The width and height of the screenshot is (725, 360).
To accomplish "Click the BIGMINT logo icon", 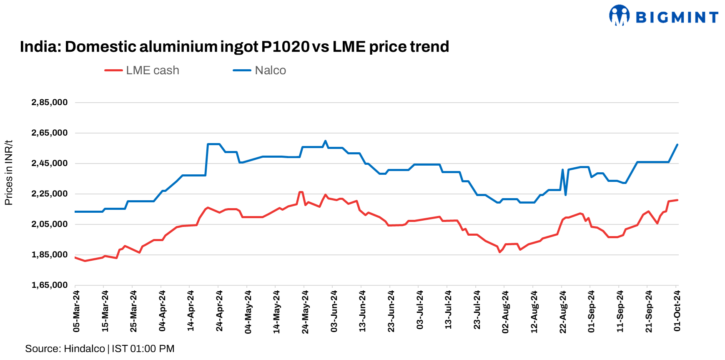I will click(619, 16).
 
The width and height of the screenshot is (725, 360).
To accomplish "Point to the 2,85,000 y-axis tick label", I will click(50, 103).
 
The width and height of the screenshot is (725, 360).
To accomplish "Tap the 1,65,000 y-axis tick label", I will click(50, 285).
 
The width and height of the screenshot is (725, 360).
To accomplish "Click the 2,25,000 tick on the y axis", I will click(50, 194).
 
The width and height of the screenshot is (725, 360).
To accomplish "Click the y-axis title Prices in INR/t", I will click(9, 173).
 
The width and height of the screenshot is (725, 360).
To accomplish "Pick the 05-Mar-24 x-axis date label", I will click(77, 311).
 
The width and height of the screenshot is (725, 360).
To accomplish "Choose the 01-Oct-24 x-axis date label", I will click(677, 311).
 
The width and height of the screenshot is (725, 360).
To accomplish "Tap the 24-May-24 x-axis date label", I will click(306, 312).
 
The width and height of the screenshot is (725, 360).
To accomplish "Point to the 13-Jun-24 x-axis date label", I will click(363, 311).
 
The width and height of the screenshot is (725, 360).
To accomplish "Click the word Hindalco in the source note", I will click(85, 349).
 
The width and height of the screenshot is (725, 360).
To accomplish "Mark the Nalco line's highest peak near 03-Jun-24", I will click(325, 141).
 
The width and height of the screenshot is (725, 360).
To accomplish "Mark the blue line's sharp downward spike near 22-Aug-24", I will click(565, 195).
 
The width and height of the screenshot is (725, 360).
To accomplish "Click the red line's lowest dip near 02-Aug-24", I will click(500, 252).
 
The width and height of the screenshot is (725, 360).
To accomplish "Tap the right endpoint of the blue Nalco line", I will click(677, 145).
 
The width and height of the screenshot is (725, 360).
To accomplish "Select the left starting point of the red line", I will click(75, 257).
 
